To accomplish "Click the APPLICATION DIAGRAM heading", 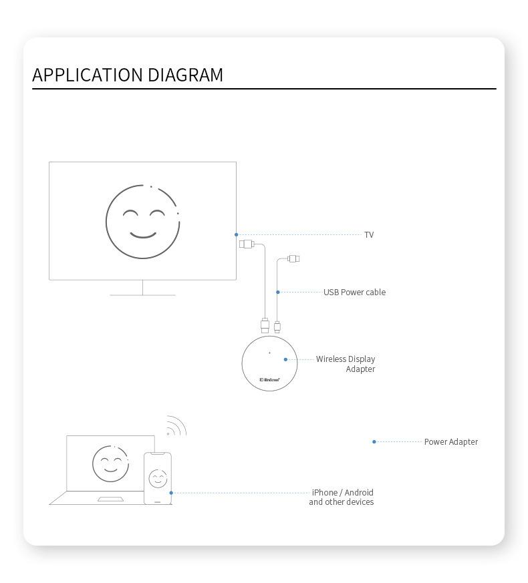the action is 128,75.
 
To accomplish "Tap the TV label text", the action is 369,235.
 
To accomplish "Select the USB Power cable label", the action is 354,293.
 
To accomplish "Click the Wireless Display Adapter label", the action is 346,364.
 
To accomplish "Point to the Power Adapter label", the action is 450,442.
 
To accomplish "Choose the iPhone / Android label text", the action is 342,498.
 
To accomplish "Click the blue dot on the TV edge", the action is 237,234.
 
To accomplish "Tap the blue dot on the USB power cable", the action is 278,292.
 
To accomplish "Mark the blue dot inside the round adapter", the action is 285,359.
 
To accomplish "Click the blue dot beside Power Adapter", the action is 374,441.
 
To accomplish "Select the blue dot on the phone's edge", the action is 171,493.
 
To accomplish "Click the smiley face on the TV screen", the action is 142,222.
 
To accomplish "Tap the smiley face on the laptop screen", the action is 110,463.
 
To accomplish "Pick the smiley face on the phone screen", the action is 158,479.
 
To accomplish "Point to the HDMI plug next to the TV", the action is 247,244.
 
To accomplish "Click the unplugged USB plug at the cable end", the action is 293,258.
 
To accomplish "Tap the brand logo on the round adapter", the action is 269,380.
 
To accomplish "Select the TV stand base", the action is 142,295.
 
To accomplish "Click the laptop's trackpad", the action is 110,499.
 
